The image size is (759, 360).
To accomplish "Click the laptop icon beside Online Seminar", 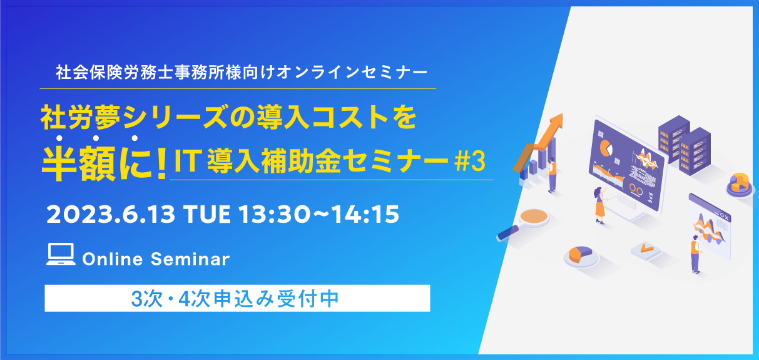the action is [x=61, y=254].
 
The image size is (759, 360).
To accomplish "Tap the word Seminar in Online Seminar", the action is [x=190, y=259].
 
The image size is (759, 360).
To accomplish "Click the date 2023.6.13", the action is [x=111, y=215].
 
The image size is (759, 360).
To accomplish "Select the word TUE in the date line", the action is [x=206, y=215].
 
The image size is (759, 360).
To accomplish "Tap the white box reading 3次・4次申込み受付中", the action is [x=237, y=298].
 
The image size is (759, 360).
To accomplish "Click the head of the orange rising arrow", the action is [x=556, y=121].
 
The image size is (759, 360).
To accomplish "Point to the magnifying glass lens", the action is [x=534, y=216].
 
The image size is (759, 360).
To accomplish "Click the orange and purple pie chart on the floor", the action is [x=580, y=255].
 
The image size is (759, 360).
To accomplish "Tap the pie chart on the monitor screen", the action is [x=606, y=148].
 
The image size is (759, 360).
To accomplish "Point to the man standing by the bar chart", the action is [x=552, y=175].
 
